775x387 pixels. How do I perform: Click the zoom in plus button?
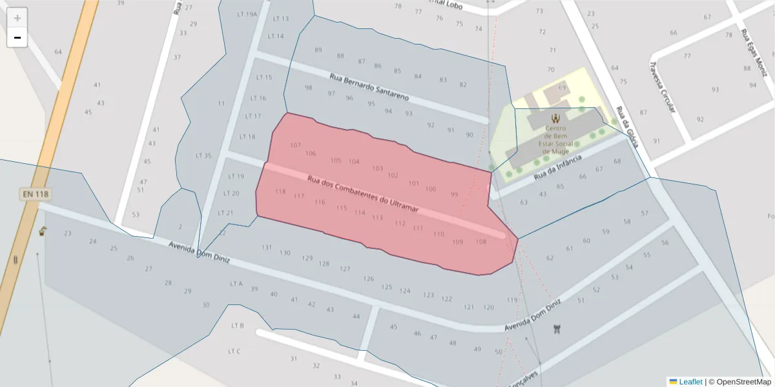[x=17, y=17]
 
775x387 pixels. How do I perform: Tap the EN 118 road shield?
[x=35, y=193]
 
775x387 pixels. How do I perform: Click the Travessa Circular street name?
[x=662, y=83]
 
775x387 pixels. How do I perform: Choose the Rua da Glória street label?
[x=626, y=126]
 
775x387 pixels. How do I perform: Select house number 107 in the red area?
[x=295, y=145]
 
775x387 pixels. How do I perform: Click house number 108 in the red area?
[x=480, y=242]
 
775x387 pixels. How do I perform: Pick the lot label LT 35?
[x=203, y=155]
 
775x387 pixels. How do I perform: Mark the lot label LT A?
[x=236, y=283]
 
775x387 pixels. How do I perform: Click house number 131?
[x=267, y=248]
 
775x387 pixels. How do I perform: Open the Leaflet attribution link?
[x=690, y=382]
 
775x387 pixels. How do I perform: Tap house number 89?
[x=318, y=50]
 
